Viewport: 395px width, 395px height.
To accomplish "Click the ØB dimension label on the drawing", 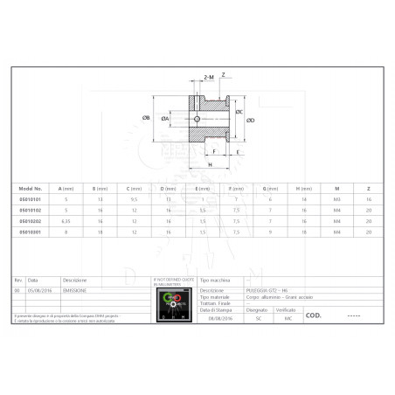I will pyautogui.click(x=146, y=118).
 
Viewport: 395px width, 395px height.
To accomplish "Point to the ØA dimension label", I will pyautogui.click(x=164, y=118).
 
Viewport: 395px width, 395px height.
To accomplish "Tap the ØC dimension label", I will pyautogui.click(x=239, y=111).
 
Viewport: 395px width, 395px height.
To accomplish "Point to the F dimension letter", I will pyautogui.click(x=214, y=151).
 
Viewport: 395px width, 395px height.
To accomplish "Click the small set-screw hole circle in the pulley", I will pyautogui.click(x=197, y=120).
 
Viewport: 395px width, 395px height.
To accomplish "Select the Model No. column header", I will pyautogui.click(x=31, y=188).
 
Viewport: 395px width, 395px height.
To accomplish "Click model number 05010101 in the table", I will pyautogui.click(x=31, y=198).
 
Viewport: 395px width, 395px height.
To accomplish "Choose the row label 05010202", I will pyautogui.click(x=31, y=221).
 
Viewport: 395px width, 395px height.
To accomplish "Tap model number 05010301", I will pyautogui.click(x=31, y=232).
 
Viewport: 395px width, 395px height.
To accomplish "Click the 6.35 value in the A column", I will pyautogui.click(x=66, y=221).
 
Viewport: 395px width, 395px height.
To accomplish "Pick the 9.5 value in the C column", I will pyautogui.click(x=134, y=198).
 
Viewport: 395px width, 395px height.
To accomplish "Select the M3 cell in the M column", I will pyautogui.click(x=336, y=198).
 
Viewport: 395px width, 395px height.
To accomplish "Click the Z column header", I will pyautogui.click(x=370, y=188).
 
